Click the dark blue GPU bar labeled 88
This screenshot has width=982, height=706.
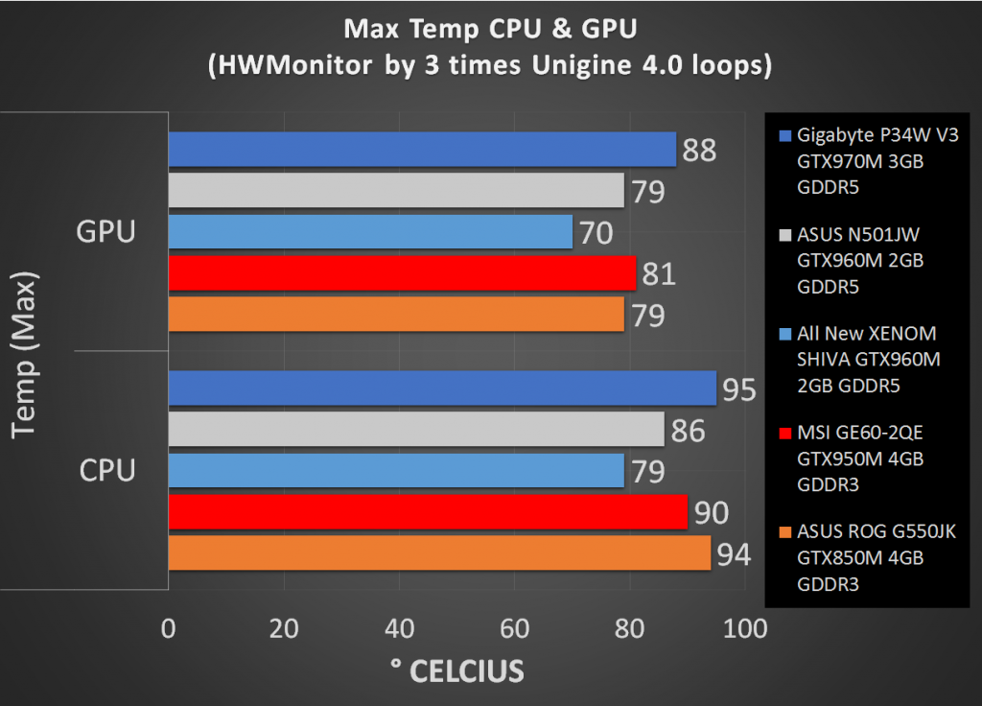(x=422, y=149)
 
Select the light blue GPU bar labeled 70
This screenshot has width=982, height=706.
(x=370, y=232)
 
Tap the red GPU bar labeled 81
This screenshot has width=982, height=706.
(x=402, y=273)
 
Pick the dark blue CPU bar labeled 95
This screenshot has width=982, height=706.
(x=442, y=388)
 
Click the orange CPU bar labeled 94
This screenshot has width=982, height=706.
(x=439, y=553)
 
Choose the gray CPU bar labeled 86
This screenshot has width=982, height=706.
(x=416, y=430)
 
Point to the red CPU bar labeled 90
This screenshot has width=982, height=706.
(x=428, y=512)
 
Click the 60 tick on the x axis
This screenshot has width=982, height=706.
(x=515, y=629)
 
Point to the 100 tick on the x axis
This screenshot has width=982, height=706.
(x=746, y=629)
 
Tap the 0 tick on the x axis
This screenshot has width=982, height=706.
(x=169, y=629)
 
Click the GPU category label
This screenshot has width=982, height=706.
(x=105, y=232)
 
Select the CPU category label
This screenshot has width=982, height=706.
(x=105, y=471)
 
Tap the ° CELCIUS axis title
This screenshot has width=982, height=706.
(x=458, y=671)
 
